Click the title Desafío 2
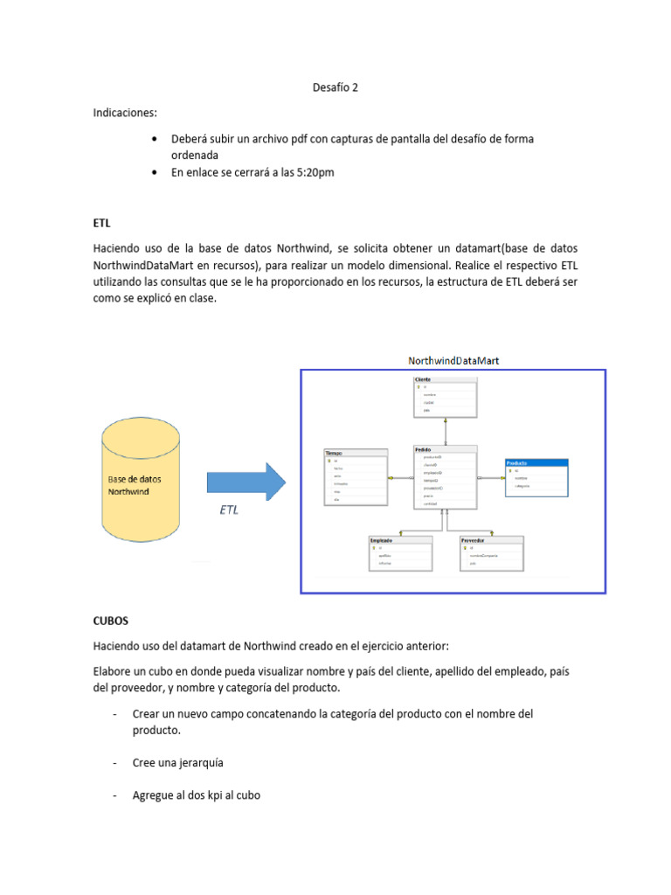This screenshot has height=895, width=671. pyautogui.click(x=335, y=87)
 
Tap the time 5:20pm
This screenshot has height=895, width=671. pyautogui.click(x=315, y=172)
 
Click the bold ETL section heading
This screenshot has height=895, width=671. pyautogui.click(x=101, y=223)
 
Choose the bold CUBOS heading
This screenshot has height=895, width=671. pyautogui.click(x=111, y=621)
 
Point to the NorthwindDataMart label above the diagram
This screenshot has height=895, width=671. pyautogui.click(x=453, y=360)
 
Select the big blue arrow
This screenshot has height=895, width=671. pyautogui.click(x=246, y=482)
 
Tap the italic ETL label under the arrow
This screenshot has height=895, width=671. pyautogui.click(x=228, y=510)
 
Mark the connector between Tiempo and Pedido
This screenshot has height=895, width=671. pyautogui.click(x=400, y=478)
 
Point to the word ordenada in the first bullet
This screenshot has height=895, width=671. pyautogui.click(x=194, y=155)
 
